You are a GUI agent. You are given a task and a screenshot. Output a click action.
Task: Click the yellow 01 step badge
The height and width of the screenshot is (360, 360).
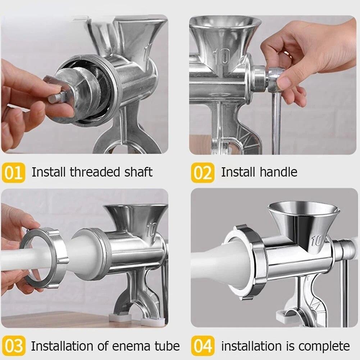click(13, 172)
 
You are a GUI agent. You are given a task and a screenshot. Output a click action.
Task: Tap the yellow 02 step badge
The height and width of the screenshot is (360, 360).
click(202, 172)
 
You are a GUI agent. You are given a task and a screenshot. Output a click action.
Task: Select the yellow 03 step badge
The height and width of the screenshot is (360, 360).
click(13, 346)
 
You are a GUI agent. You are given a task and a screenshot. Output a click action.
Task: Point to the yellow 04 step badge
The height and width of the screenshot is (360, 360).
click(202, 346)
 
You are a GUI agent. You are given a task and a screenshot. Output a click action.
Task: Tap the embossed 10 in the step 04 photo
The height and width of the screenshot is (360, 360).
click(317, 240)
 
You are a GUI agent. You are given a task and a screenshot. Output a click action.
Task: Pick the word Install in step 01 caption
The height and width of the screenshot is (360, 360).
click(49, 172)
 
